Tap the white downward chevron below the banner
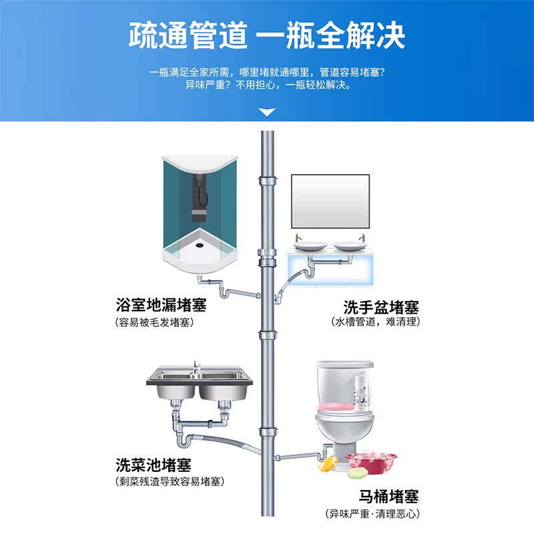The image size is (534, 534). click(267, 112)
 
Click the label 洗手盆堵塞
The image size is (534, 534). click(381, 307)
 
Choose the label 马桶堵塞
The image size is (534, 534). click(386, 497)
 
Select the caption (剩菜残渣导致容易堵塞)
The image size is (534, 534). click(170, 481)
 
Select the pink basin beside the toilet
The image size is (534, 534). click(366, 461)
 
